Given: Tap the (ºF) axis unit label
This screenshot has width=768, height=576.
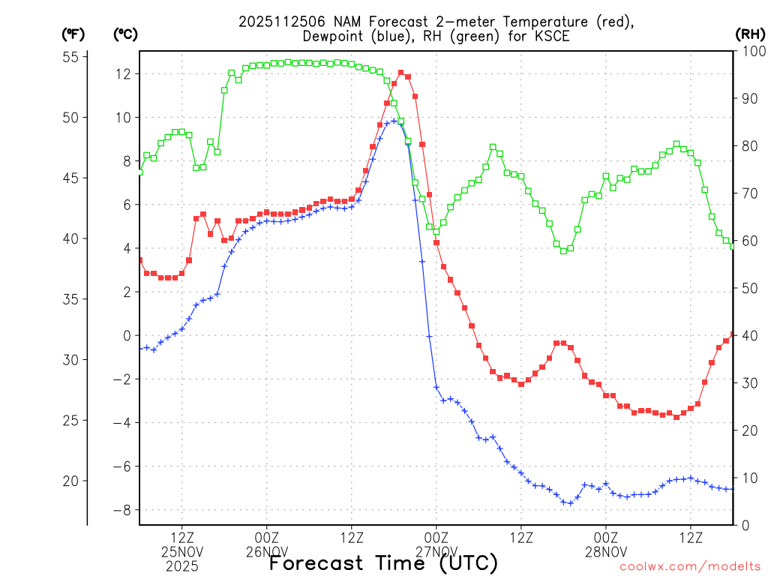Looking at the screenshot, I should [x=73, y=34].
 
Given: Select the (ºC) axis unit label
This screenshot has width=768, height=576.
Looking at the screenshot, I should [x=125, y=34].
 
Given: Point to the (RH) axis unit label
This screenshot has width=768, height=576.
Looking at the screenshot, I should [x=750, y=34].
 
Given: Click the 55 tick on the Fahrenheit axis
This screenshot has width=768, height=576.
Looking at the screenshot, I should [x=72, y=57].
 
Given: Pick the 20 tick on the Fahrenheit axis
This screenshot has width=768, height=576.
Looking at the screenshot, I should [x=72, y=481].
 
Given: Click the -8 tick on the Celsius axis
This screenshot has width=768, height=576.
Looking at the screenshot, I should [x=122, y=510].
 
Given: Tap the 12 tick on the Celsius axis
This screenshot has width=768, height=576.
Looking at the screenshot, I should [x=124, y=73].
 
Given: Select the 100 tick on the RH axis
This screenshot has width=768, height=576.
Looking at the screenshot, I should [x=751, y=51].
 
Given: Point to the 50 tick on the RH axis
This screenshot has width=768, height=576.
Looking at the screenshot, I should [x=748, y=288].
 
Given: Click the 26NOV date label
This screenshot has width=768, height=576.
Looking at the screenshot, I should [x=266, y=552].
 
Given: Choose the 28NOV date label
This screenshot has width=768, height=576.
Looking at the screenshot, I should [x=606, y=552].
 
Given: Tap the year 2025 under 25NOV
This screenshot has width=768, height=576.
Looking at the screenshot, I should [x=182, y=566].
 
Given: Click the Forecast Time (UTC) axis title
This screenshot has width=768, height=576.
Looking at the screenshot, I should [x=383, y=562].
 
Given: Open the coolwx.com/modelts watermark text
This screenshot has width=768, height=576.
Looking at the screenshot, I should [x=689, y=567].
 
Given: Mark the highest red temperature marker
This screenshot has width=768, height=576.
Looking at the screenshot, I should [x=400, y=73].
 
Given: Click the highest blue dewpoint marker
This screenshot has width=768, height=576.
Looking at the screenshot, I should [x=394, y=121].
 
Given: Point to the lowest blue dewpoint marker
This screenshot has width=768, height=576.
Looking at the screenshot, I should [x=571, y=503].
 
